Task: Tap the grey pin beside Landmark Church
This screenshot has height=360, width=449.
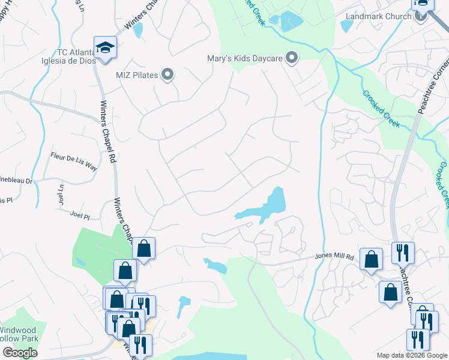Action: coord(420,16)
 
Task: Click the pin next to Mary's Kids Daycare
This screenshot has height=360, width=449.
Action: coord(292,58)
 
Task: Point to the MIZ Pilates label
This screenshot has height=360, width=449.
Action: coord(137,75)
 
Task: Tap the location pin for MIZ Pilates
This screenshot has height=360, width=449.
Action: coord(168,75)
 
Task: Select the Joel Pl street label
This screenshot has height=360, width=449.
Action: coord(79,214)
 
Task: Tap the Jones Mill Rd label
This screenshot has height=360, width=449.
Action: coord(334,257)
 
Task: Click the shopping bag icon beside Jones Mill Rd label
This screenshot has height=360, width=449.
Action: coord(372,259)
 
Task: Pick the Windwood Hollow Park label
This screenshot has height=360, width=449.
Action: coord(18,334)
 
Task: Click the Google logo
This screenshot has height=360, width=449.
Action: coord(20,353)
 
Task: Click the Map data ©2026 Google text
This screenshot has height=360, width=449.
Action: coord(411,355)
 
